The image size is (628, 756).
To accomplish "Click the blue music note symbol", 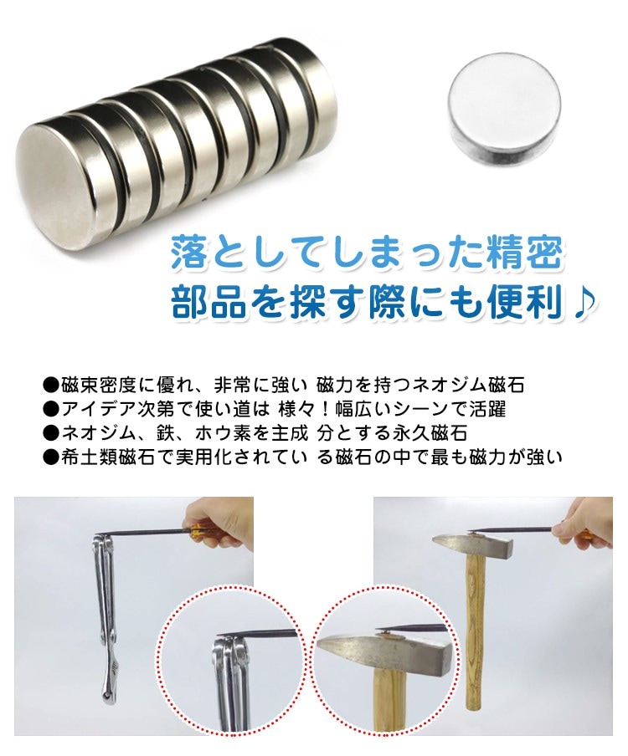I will (x=587, y=303).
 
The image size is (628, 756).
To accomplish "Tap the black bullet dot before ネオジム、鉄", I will (x=50, y=433).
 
